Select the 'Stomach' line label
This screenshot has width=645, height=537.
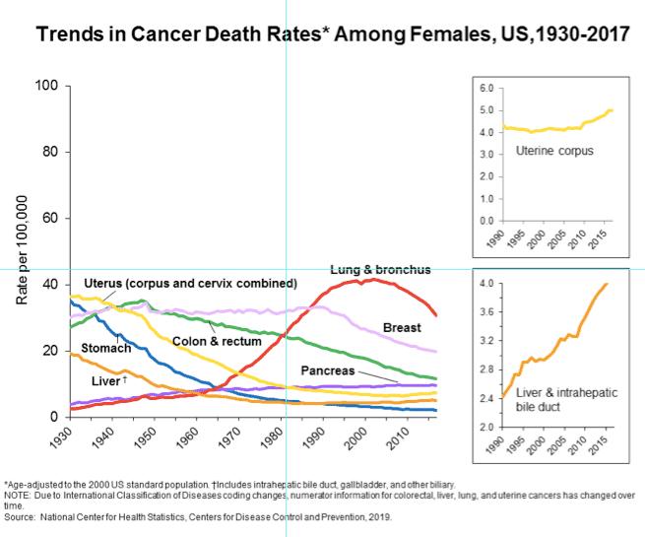[105, 349]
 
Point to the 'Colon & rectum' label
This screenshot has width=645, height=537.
[217, 341]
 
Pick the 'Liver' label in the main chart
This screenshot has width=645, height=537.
[106, 381]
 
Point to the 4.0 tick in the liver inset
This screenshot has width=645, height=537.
[484, 284]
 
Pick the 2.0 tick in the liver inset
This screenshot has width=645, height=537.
[484, 428]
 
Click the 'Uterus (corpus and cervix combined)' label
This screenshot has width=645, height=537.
[190, 283]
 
